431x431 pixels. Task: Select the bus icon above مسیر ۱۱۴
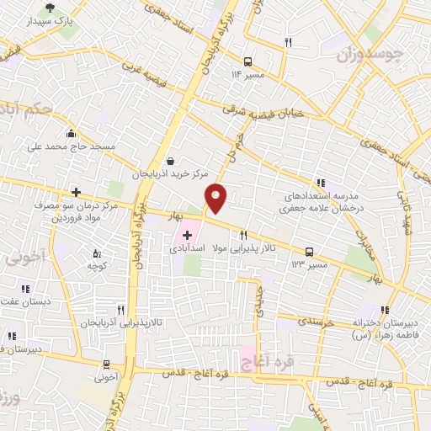pyautogui.click(x=247, y=61)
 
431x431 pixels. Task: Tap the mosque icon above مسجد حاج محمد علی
pyautogui.click(x=71, y=133)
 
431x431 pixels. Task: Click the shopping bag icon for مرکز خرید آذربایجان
pyautogui.click(x=171, y=161)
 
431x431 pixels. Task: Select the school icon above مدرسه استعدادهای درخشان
pyautogui.click(x=320, y=182)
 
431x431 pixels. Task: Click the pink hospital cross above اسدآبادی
pyautogui.click(x=187, y=235)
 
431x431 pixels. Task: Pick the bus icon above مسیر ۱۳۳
pyautogui.click(x=310, y=251)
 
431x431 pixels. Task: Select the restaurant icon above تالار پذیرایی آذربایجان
pyautogui.click(x=121, y=309)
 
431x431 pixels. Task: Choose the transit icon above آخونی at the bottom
pyautogui.click(x=106, y=364)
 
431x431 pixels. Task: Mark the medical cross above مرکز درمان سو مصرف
pyautogui.click(x=76, y=191)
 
